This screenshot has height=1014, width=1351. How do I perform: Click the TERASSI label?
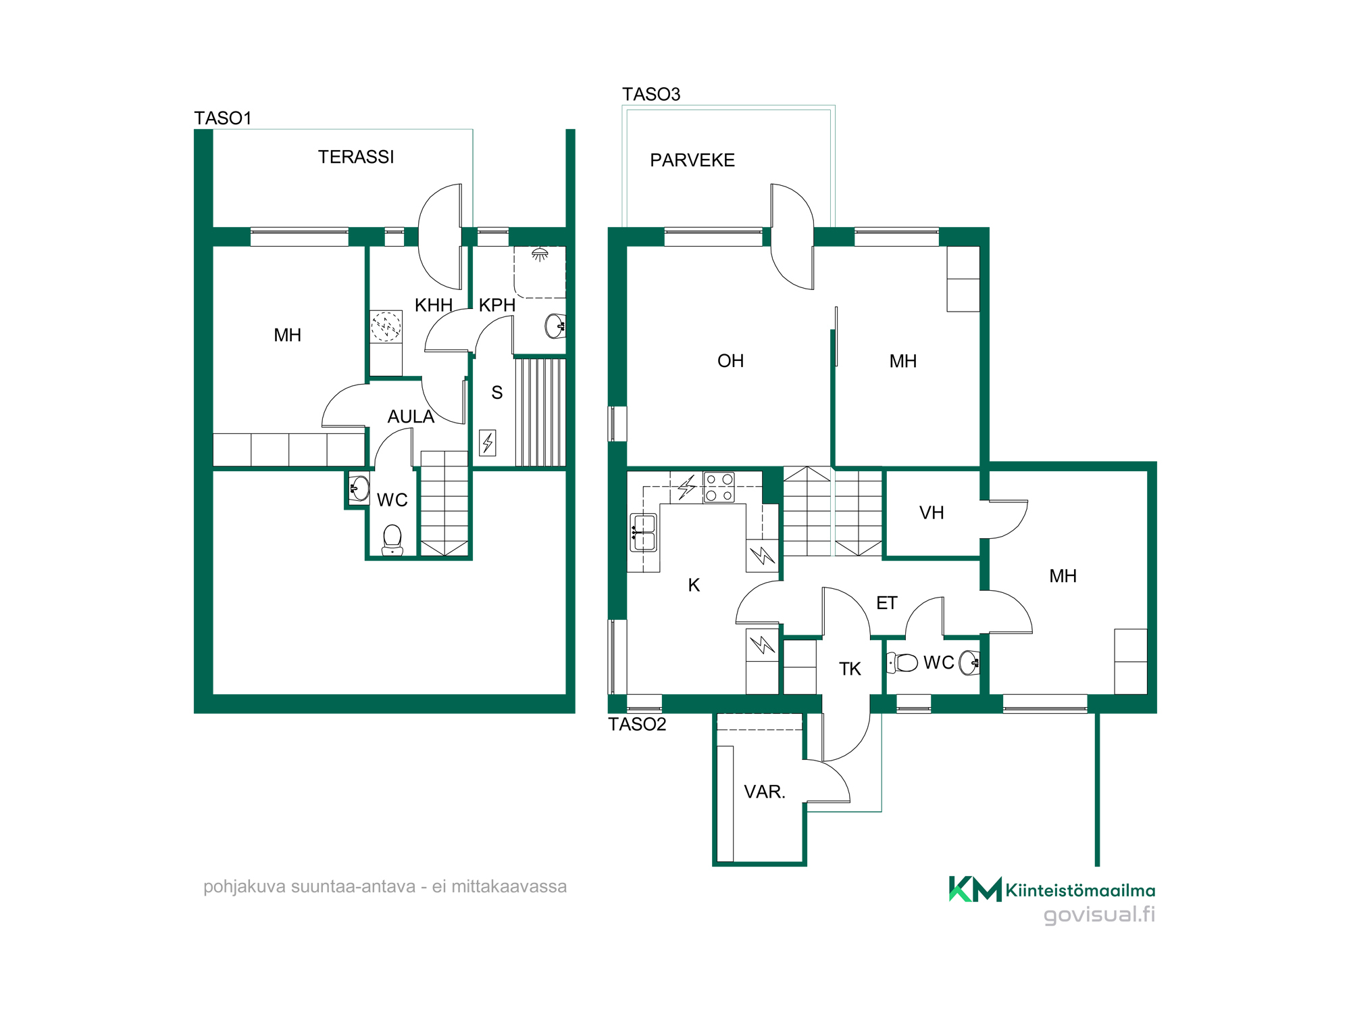pos(356,157)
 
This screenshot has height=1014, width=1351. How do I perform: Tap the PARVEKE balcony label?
pos(692,160)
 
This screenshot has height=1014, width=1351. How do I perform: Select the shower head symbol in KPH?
pos(540,254)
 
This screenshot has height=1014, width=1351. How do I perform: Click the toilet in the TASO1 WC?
pos(392,540)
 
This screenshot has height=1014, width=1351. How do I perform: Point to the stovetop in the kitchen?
pos(719,487)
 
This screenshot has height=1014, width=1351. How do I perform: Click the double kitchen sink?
pos(643,533)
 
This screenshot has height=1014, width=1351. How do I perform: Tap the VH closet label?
pos(932,513)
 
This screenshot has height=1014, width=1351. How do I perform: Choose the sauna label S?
pos(497,393)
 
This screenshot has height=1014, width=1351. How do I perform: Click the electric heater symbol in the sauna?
pos(488,443)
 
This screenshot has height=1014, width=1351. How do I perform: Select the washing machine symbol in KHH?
pos(386,327)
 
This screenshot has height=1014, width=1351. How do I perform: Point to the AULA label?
pos(411,416)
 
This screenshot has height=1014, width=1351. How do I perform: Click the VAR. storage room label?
pos(765,792)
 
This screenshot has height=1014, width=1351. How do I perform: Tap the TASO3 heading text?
pos(651,94)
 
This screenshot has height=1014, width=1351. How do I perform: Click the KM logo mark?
pos(975,889)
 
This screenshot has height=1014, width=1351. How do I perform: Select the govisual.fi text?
pos(1099,915)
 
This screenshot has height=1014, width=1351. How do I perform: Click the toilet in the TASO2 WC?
pos(902,662)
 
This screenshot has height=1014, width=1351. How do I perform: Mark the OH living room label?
pos(730,361)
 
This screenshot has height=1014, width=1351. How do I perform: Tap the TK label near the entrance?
pos(850,669)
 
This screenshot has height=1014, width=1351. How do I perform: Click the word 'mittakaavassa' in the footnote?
pos(509,886)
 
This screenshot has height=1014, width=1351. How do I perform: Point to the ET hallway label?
pos(887,603)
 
